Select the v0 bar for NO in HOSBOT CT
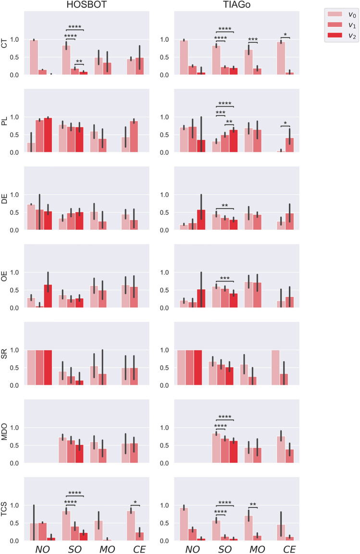click(34, 57)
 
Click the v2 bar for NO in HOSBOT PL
click(48, 135)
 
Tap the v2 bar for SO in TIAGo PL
click(234, 141)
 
